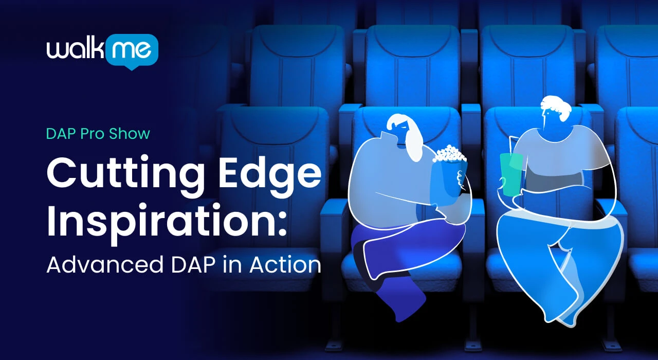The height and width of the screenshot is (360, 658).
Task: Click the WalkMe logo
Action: tap(102, 52)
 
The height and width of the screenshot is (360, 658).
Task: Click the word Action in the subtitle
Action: tap(285, 264)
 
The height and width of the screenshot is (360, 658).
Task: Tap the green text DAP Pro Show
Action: tap(98, 134)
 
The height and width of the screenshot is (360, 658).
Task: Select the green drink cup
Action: tap(511, 174)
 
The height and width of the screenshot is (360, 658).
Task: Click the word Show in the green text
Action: tap(130, 134)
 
